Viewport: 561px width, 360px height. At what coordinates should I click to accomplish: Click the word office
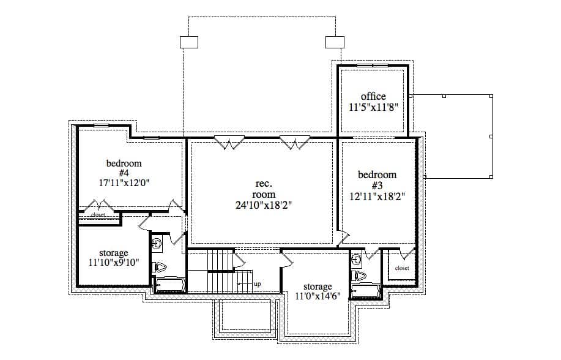pos(373,96)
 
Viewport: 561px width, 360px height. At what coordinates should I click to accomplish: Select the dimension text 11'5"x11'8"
pos(373,107)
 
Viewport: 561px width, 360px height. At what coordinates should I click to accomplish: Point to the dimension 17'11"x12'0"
pos(124,182)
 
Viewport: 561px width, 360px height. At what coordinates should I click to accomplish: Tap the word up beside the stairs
pos(257,284)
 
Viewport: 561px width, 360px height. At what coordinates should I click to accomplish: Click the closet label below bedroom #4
pos(98,215)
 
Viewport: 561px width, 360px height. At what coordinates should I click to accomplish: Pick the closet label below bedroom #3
pos(401,268)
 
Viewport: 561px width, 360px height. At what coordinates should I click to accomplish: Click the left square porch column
pos(189,42)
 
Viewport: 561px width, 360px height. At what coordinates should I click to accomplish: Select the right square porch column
pos(335,42)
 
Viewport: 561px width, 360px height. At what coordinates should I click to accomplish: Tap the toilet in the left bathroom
pos(160,267)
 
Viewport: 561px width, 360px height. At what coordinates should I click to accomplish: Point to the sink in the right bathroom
pos(357,260)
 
